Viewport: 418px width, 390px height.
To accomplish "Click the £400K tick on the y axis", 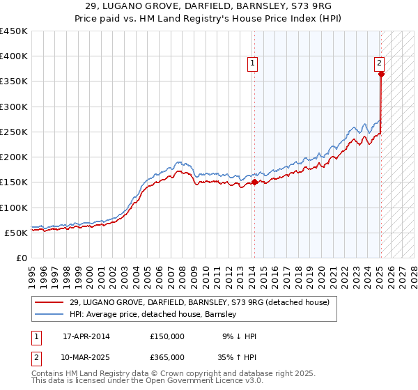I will pyautogui.click(x=14, y=56).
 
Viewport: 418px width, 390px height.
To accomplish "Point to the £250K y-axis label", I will pyautogui.click(x=14, y=132).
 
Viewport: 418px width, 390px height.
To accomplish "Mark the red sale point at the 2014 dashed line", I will pyautogui.click(x=254, y=182).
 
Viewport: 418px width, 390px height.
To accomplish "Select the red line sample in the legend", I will pyautogui.click(x=49, y=302).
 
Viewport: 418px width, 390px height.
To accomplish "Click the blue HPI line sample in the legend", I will pyautogui.click(x=49, y=314).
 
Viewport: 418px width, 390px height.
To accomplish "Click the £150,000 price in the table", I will pyautogui.click(x=167, y=336).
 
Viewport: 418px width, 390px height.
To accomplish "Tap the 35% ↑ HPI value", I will pyautogui.click(x=236, y=357).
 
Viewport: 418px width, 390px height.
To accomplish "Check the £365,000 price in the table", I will pyautogui.click(x=167, y=357).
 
